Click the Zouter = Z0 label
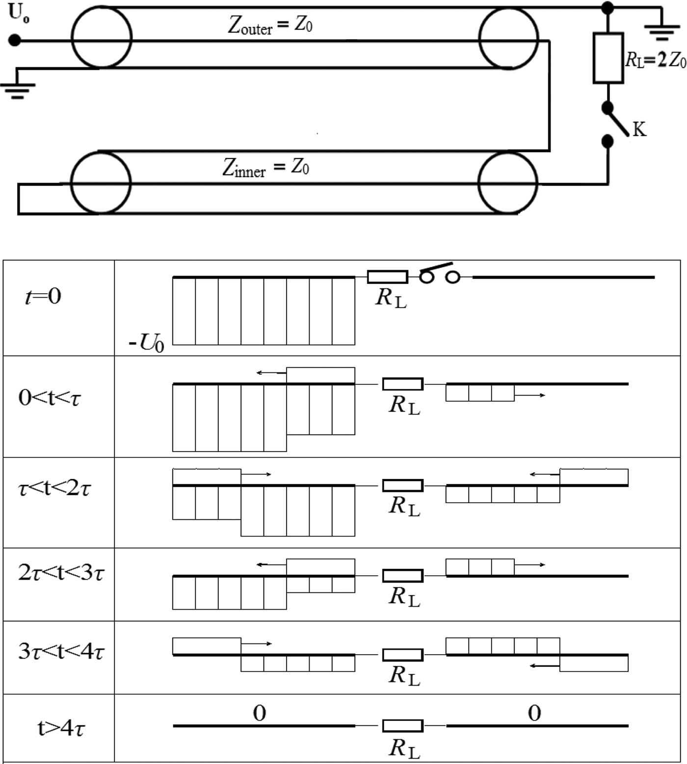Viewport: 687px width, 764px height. click(270, 25)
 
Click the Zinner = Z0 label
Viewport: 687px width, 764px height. click(265, 168)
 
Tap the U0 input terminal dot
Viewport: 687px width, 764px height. click(15, 40)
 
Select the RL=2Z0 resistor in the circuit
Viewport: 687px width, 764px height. click(608, 58)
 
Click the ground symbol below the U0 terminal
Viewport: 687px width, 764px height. click(18, 90)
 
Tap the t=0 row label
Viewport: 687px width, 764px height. click(43, 296)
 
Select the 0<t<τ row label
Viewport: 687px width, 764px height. click(49, 397)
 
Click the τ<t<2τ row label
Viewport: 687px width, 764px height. click(54, 488)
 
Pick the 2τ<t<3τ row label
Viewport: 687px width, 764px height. click(61, 572)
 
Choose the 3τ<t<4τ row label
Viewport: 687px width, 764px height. click(61, 651)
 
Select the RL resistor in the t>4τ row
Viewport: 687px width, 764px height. click(402, 725)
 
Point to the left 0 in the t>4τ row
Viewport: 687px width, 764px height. click(260, 713)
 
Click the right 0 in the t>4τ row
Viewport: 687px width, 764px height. click(534, 713)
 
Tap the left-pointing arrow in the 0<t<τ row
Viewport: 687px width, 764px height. click(271, 373)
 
